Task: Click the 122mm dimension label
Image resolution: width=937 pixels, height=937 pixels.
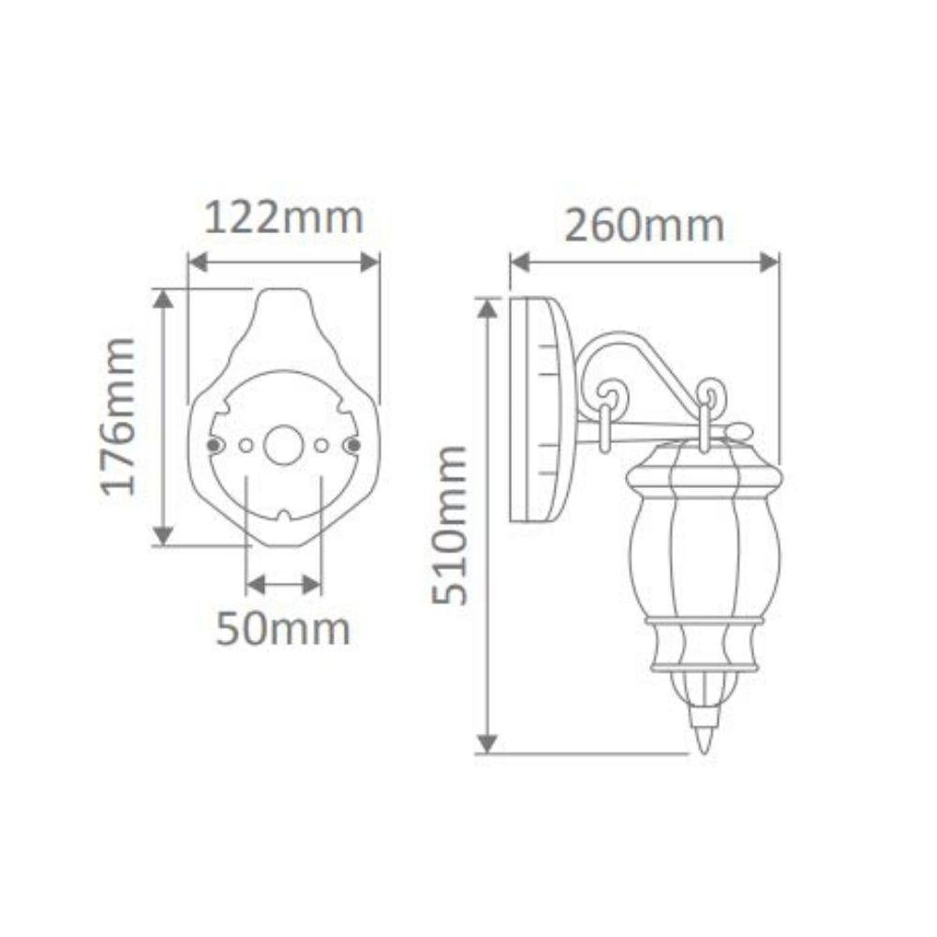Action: pos(283,218)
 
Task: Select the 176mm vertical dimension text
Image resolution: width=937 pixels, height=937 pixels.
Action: pos(120,416)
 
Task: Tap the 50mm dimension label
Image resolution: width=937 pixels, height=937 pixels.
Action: pos(283,629)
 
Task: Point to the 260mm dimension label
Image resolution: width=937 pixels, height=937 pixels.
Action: pos(644,225)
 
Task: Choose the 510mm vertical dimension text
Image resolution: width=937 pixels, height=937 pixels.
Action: pos(451,525)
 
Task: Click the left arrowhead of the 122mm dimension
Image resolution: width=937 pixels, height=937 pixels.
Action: pos(198,262)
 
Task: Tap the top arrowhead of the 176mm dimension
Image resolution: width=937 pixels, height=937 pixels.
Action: pos(164,298)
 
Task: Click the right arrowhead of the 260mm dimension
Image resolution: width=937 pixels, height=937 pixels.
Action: pos(769,262)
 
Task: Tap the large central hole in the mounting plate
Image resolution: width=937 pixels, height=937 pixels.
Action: pos(283,445)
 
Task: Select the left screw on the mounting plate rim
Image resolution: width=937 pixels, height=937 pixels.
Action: pos(215,444)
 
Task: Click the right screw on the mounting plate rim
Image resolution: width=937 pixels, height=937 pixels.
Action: pos(352,444)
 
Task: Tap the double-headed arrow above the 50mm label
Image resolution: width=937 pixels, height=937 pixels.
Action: pos(283,585)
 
